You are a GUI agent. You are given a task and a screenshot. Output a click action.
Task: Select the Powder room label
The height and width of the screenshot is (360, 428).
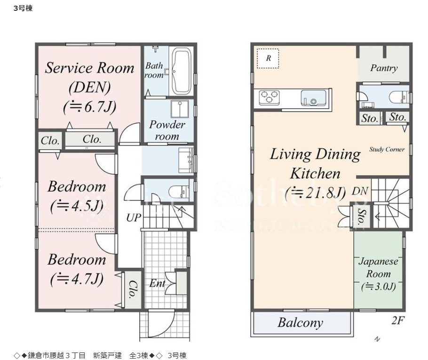[167, 130]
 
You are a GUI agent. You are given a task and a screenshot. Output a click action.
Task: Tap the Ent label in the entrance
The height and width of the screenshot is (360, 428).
[157, 283]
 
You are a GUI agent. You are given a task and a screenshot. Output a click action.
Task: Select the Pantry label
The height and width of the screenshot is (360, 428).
[383, 68]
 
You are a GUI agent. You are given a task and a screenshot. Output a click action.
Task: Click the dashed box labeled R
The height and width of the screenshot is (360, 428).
[268, 58]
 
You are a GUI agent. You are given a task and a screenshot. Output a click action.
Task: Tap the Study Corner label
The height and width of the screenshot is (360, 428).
[387, 150]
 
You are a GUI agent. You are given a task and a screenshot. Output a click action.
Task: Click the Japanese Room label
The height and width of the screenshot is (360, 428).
[378, 268]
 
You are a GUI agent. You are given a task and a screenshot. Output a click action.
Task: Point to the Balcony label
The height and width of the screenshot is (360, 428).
[300, 323]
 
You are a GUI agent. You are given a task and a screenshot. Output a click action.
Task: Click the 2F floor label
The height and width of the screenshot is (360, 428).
[398, 320]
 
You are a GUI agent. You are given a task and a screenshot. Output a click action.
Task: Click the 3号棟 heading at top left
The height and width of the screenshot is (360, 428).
[23, 8]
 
